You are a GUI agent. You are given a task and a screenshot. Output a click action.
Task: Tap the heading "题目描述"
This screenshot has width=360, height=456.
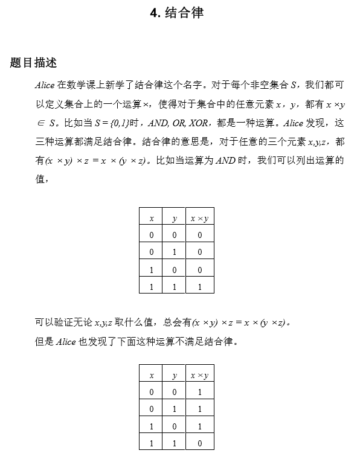(x=33, y=63)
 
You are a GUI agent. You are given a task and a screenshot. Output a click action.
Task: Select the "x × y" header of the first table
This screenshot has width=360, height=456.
(x=199, y=218)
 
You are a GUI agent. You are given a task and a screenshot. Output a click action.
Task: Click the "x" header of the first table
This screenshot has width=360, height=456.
(x=152, y=218)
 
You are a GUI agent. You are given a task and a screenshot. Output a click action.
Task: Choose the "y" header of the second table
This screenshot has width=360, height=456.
(x=175, y=375)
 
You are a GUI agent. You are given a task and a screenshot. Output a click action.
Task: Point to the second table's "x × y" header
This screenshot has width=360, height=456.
(x=199, y=375)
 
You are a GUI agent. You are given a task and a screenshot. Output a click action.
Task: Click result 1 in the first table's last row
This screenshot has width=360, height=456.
(x=200, y=287)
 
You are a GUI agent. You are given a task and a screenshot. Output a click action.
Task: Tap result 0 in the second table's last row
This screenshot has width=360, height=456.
(x=200, y=443)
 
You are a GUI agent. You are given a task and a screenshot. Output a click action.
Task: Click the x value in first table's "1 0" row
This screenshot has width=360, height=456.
(x=152, y=270)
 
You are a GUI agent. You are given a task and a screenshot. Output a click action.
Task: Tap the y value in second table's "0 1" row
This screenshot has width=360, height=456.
(x=175, y=409)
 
